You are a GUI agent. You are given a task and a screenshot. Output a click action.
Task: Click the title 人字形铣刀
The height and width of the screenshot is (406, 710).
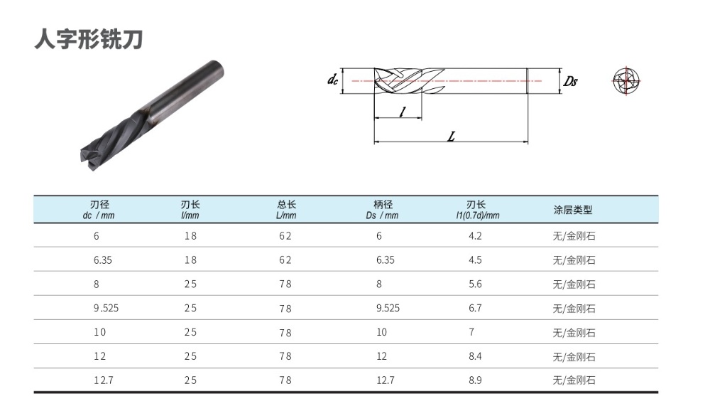89,40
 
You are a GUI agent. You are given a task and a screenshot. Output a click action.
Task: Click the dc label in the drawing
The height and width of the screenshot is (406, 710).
332,80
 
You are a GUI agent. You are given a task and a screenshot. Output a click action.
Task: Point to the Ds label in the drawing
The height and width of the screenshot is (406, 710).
570,81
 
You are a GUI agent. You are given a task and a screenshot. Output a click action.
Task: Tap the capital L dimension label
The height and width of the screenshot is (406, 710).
451,136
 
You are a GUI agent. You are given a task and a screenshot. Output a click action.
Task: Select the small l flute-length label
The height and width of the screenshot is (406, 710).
403,112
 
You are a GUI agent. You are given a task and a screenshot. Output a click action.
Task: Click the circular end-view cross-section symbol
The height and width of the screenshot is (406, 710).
626,81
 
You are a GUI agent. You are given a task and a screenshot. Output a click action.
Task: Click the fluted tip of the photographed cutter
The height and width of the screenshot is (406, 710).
91,157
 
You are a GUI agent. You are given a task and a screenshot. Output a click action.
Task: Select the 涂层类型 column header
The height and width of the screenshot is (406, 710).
573,210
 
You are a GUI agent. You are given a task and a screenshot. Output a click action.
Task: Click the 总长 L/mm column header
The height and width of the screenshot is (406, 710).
286,210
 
